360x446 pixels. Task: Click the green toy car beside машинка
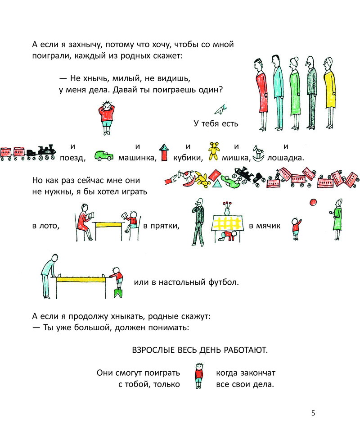pyautogui.click(x=104, y=155)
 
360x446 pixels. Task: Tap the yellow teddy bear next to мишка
pyautogui.click(x=214, y=151)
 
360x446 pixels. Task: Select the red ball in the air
pyautogui.click(x=313, y=202)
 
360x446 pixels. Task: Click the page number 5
pyautogui.click(x=313, y=413)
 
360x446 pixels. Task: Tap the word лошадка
pyautogui.click(x=285, y=158)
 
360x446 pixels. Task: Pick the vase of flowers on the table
pyautogui.click(x=227, y=209)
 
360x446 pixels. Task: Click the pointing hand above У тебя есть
pyautogui.click(x=221, y=109)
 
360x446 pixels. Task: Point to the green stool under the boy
pyautogui.click(x=118, y=293)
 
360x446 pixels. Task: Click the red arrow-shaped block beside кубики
pyautogui.click(x=164, y=152)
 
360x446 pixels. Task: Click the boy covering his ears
pyautogui.click(x=106, y=118)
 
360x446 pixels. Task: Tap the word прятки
pyautogui.click(x=164, y=226)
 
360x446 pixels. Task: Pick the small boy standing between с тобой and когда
pyautogui.click(x=198, y=375)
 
